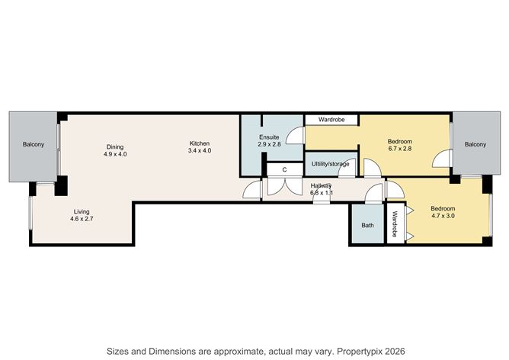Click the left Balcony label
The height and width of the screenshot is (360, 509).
pyautogui.click(x=33, y=145)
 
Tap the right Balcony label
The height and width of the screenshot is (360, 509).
pyautogui.click(x=475, y=145)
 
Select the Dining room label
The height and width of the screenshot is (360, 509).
pyautogui.click(x=115, y=146)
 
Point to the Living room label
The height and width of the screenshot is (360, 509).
pyautogui.click(x=82, y=211)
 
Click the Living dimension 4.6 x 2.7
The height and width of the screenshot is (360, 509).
pyautogui.click(x=82, y=220)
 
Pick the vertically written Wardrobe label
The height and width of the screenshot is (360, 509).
pyautogui.click(x=395, y=224)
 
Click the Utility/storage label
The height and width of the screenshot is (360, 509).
pyautogui.click(x=331, y=164)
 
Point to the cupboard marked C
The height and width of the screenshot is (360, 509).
pyautogui.click(x=284, y=170)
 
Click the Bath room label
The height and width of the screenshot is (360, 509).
pyautogui.click(x=367, y=225)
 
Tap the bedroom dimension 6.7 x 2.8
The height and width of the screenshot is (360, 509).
pyautogui.click(x=399, y=149)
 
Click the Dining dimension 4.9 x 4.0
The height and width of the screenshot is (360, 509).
pyautogui.click(x=115, y=154)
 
